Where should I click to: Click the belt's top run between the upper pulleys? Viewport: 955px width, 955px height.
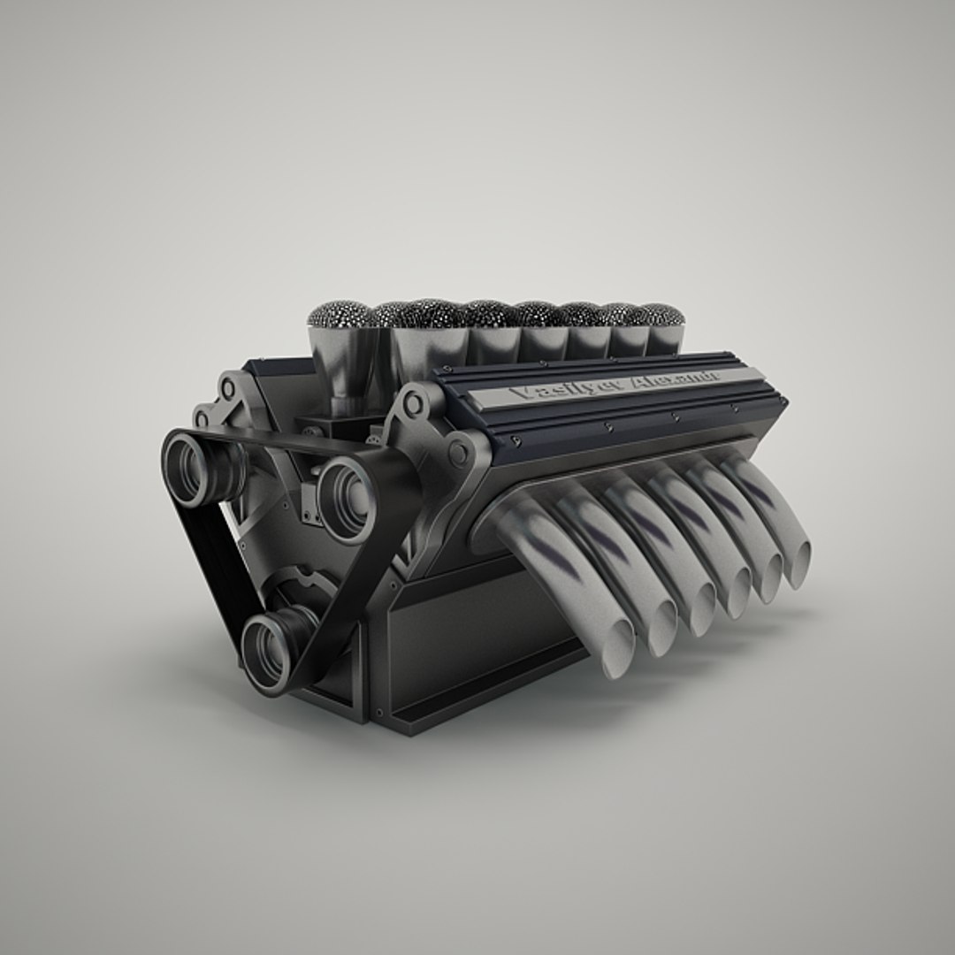pos(274,439)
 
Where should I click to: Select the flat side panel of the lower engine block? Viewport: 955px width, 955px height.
pos(469,637)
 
